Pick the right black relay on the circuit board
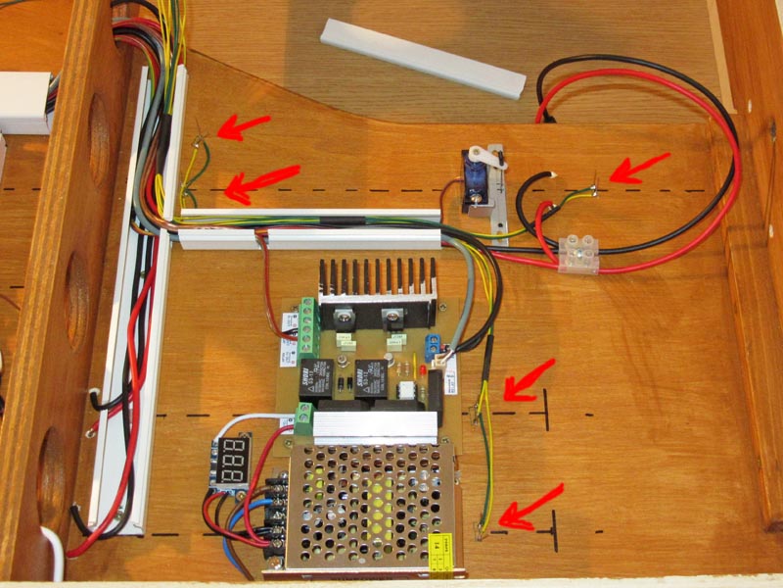pos(369,380)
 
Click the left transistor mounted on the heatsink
pos(345,317)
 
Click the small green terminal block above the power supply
pos(302,421)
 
